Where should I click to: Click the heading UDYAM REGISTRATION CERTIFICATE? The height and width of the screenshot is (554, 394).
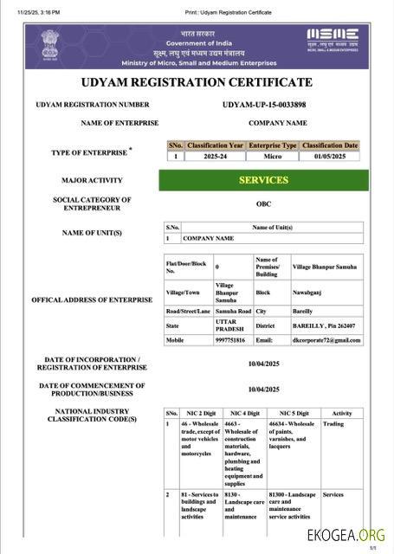[x=196, y=82]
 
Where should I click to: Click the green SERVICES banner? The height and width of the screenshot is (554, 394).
[x=263, y=180]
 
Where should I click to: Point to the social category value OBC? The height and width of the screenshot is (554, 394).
[x=263, y=204]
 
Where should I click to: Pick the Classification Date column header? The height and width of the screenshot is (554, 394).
[x=330, y=146]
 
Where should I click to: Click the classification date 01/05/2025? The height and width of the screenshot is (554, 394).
[x=330, y=157]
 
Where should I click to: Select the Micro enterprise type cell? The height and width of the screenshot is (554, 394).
[x=271, y=157]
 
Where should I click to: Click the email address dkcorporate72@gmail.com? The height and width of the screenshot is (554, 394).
[x=326, y=340]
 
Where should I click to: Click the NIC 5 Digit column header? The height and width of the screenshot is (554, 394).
[x=293, y=413]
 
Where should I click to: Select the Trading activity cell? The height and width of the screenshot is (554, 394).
[x=333, y=424]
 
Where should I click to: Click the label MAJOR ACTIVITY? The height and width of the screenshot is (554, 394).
[x=92, y=181]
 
